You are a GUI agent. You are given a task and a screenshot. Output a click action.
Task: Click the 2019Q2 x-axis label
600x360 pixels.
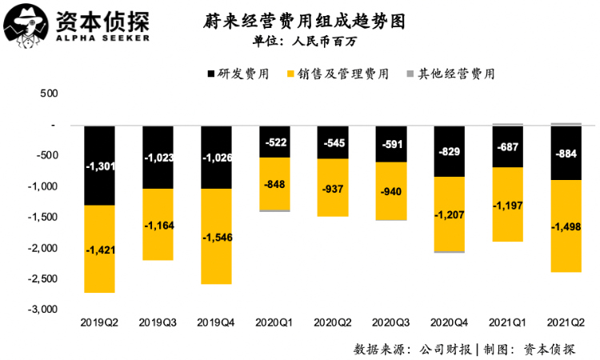pos(100,322)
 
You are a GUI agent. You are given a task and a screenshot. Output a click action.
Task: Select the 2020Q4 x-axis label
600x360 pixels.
pos(450,322)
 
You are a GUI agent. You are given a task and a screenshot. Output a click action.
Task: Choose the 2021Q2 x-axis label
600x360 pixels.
pos(566,322)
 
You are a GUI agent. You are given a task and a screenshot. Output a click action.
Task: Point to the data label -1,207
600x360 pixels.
pos(450,215)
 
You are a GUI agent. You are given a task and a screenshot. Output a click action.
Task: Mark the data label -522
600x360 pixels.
pos(274,142)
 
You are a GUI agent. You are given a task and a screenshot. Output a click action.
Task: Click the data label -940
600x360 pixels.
pos(391,191)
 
